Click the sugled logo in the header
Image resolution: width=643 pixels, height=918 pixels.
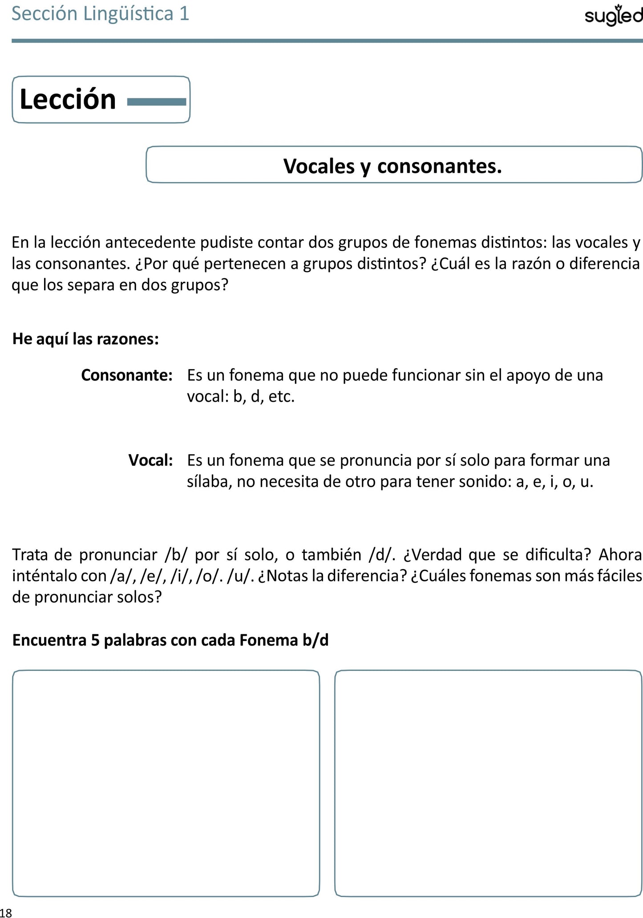(x=613, y=16)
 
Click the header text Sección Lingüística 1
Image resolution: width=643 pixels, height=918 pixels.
(x=100, y=14)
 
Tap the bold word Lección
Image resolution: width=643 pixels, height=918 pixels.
(x=68, y=99)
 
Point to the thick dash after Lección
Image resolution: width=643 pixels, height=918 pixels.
(x=156, y=102)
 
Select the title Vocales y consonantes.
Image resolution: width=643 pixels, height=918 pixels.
(x=393, y=166)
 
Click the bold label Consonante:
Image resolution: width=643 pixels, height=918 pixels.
(x=127, y=375)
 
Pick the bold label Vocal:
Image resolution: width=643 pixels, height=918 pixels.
(x=150, y=460)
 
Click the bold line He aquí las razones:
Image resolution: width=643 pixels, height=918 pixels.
(x=85, y=339)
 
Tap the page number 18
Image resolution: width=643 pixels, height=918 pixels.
(x=6, y=913)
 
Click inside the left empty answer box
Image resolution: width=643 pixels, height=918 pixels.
(x=166, y=783)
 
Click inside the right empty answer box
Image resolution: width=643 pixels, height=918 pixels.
(x=488, y=783)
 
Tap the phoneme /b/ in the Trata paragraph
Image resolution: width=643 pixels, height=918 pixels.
(x=176, y=555)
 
